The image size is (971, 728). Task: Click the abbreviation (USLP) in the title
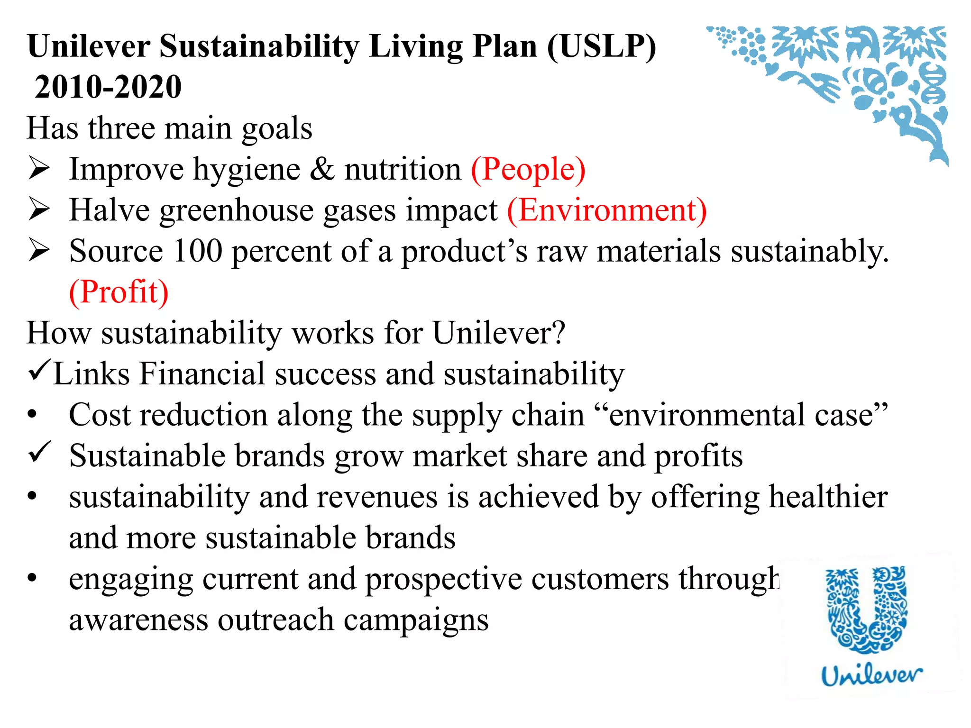tap(602, 47)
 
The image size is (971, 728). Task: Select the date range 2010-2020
tap(108, 87)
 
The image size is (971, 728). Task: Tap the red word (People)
tap(528, 169)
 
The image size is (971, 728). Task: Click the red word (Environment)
tap(607, 210)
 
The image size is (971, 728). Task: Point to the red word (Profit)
tap(119, 291)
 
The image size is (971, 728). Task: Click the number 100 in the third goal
tap(198, 251)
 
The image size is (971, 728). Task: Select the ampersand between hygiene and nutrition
tap(322, 169)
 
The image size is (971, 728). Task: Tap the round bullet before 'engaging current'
tap(32, 578)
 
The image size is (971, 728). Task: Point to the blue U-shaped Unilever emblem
tap(867, 609)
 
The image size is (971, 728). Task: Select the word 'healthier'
tap(828, 497)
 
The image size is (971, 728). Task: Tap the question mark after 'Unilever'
tap(558, 332)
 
